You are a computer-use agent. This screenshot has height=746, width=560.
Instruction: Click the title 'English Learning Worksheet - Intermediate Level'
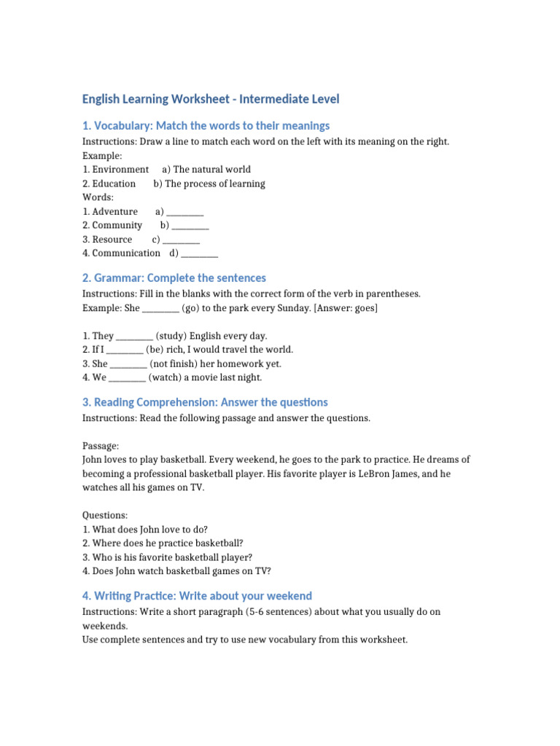(211, 99)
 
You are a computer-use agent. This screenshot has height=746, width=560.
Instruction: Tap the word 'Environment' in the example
(120, 169)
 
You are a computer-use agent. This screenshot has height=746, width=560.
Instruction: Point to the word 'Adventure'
(114, 211)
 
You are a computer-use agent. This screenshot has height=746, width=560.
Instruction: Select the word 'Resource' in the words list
(112, 240)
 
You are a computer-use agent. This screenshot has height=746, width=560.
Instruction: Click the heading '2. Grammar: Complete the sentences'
(174, 278)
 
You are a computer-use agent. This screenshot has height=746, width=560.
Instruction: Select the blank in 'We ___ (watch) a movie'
(128, 377)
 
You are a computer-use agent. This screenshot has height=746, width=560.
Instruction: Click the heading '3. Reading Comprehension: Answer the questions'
(205, 402)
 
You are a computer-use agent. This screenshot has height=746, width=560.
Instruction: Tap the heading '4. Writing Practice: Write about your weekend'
(197, 596)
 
